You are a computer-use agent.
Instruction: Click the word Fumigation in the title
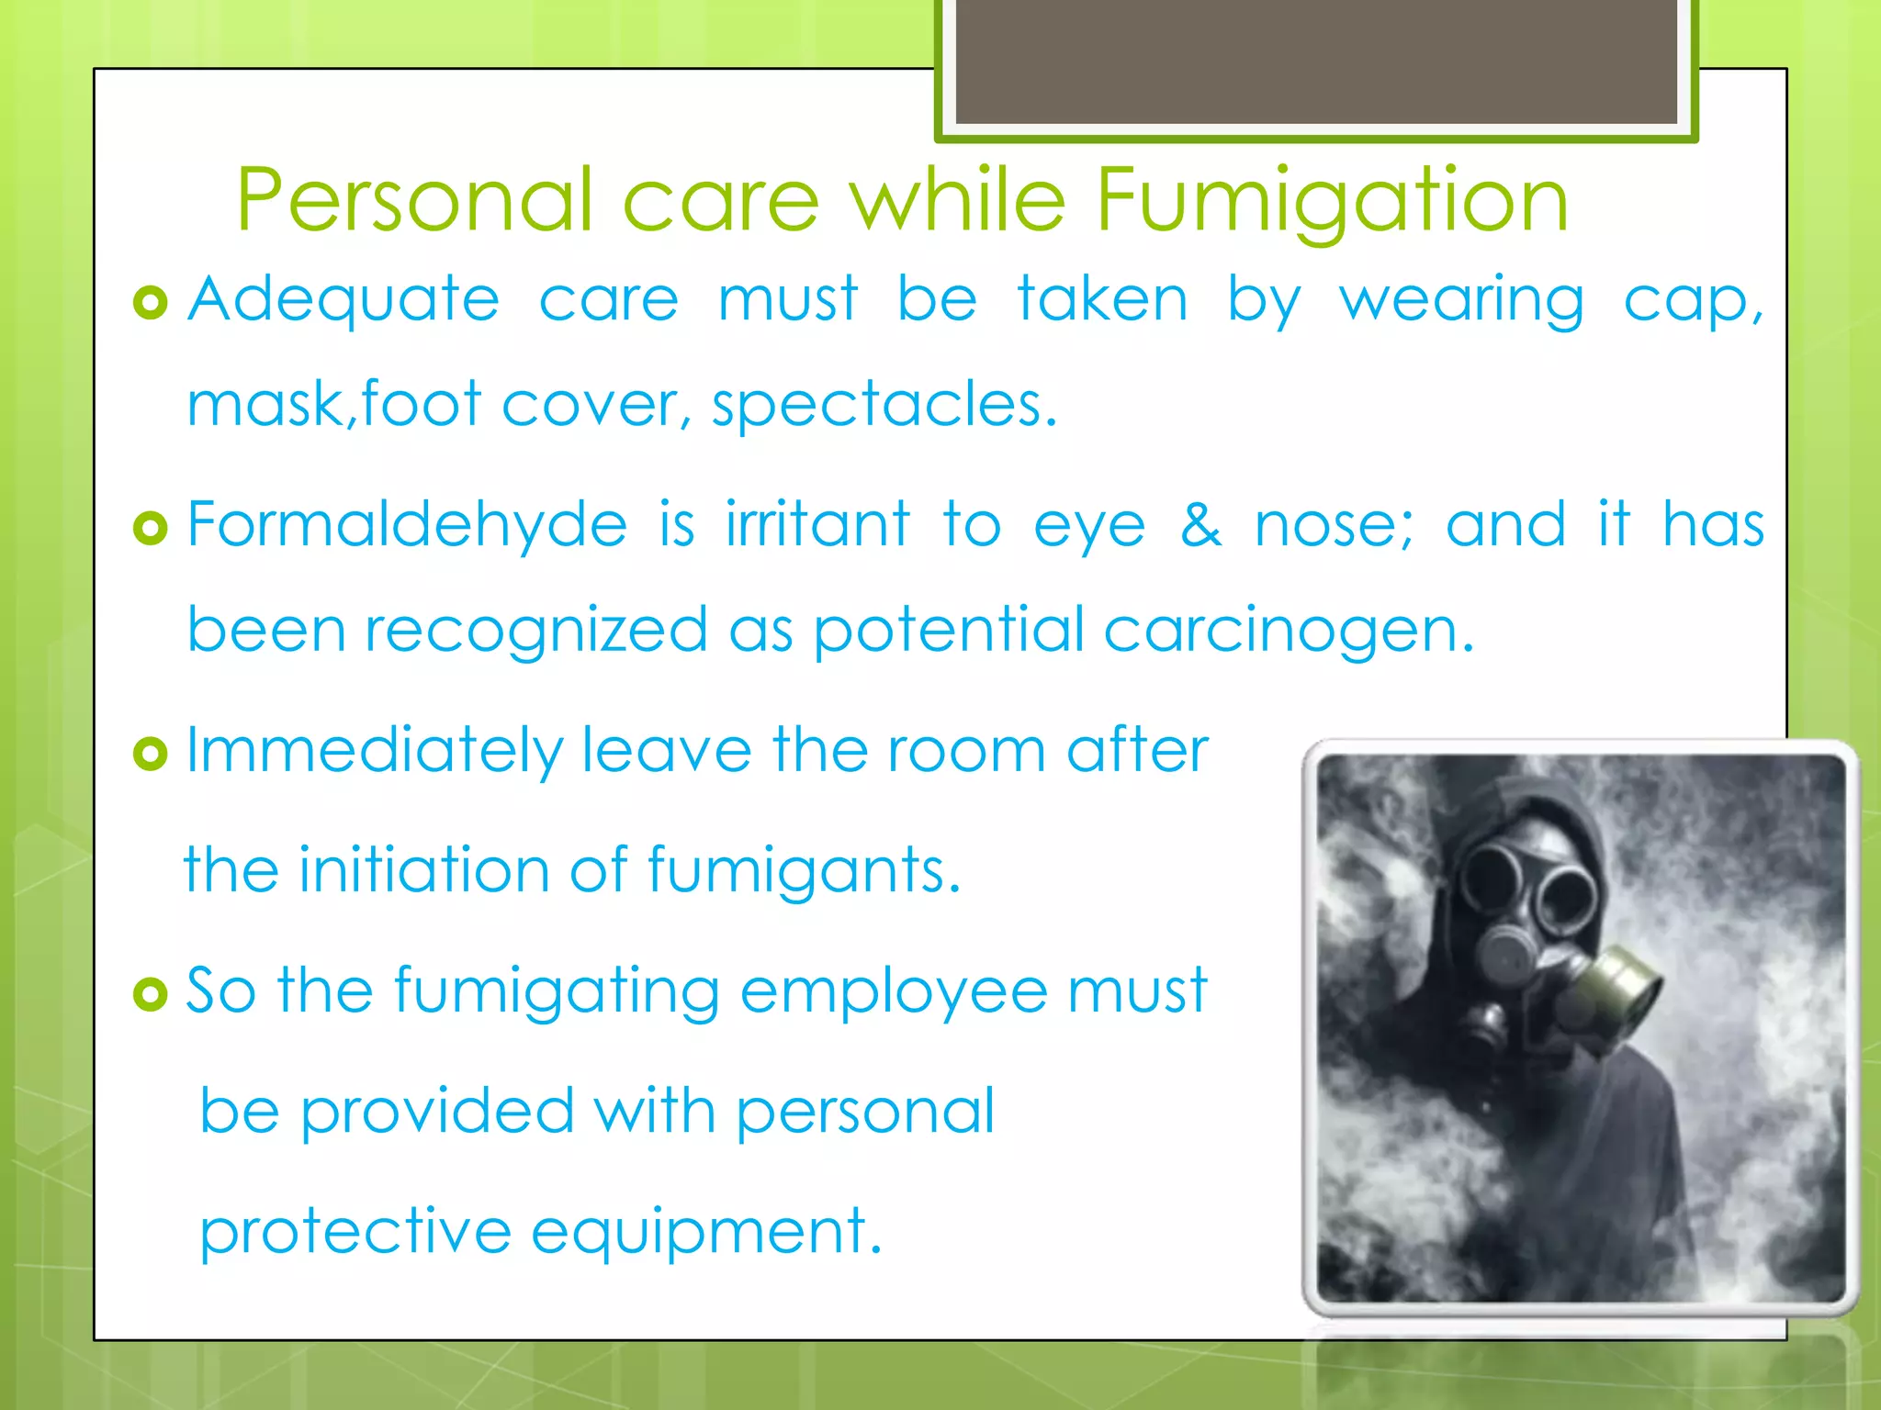click(1332, 201)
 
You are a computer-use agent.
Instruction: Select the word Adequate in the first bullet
click(344, 300)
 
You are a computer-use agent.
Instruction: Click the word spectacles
click(884, 405)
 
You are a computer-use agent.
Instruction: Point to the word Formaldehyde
click(407, 525)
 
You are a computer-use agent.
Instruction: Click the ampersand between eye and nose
click(1200, 525)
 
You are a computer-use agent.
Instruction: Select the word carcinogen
click(1288, 632)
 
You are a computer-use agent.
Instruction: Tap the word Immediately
click(374, 752)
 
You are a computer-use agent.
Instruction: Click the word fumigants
click(804, 870)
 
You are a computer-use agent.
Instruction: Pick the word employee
click(893, 992)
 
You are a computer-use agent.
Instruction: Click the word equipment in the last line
click(705, 1232)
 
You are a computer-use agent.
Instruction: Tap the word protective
click(355, 1232)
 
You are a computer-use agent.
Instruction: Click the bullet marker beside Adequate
click(151, 302)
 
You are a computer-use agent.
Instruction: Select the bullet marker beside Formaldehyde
click(151, 528)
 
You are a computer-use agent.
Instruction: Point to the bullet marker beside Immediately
click(151, 754)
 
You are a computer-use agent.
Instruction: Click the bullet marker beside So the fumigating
click(151, 994)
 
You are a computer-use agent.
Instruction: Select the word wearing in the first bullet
click(1461, 300)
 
